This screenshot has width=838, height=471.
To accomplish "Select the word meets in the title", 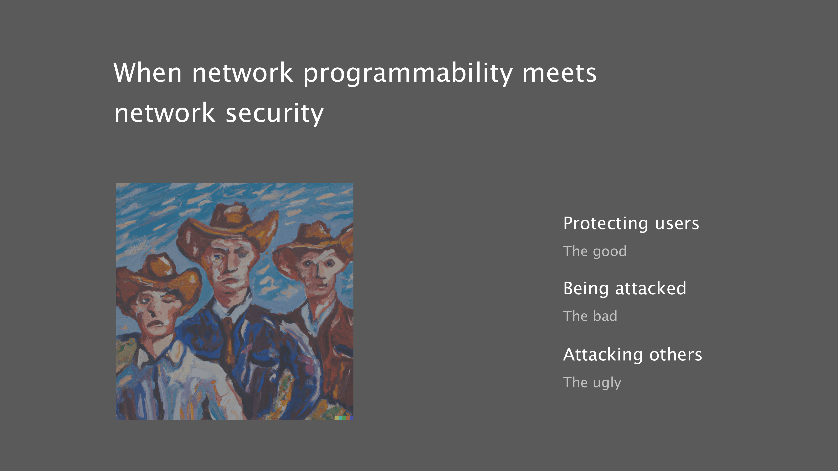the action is coord(559,73).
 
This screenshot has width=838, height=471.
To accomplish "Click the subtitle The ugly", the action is coord(592,383).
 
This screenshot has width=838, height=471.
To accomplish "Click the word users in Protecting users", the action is coord(677,224).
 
